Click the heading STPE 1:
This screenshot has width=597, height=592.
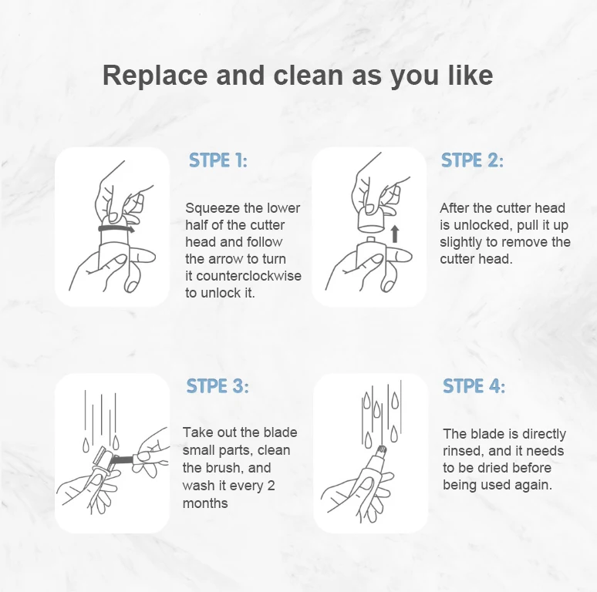(218, 160)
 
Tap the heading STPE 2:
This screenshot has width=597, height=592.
(472, 160)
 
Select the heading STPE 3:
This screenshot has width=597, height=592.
(218, 385)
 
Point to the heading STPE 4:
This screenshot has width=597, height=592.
(474, 385)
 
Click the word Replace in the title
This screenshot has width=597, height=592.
(155, 76)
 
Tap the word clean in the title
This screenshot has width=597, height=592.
(308, 76)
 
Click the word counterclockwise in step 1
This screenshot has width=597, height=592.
(248, 276)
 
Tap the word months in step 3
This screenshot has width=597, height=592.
(205, 503)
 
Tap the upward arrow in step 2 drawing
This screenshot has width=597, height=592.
(395, 234)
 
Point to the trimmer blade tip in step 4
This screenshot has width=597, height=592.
(381, 450)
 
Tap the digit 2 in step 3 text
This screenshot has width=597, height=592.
(271, 486)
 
